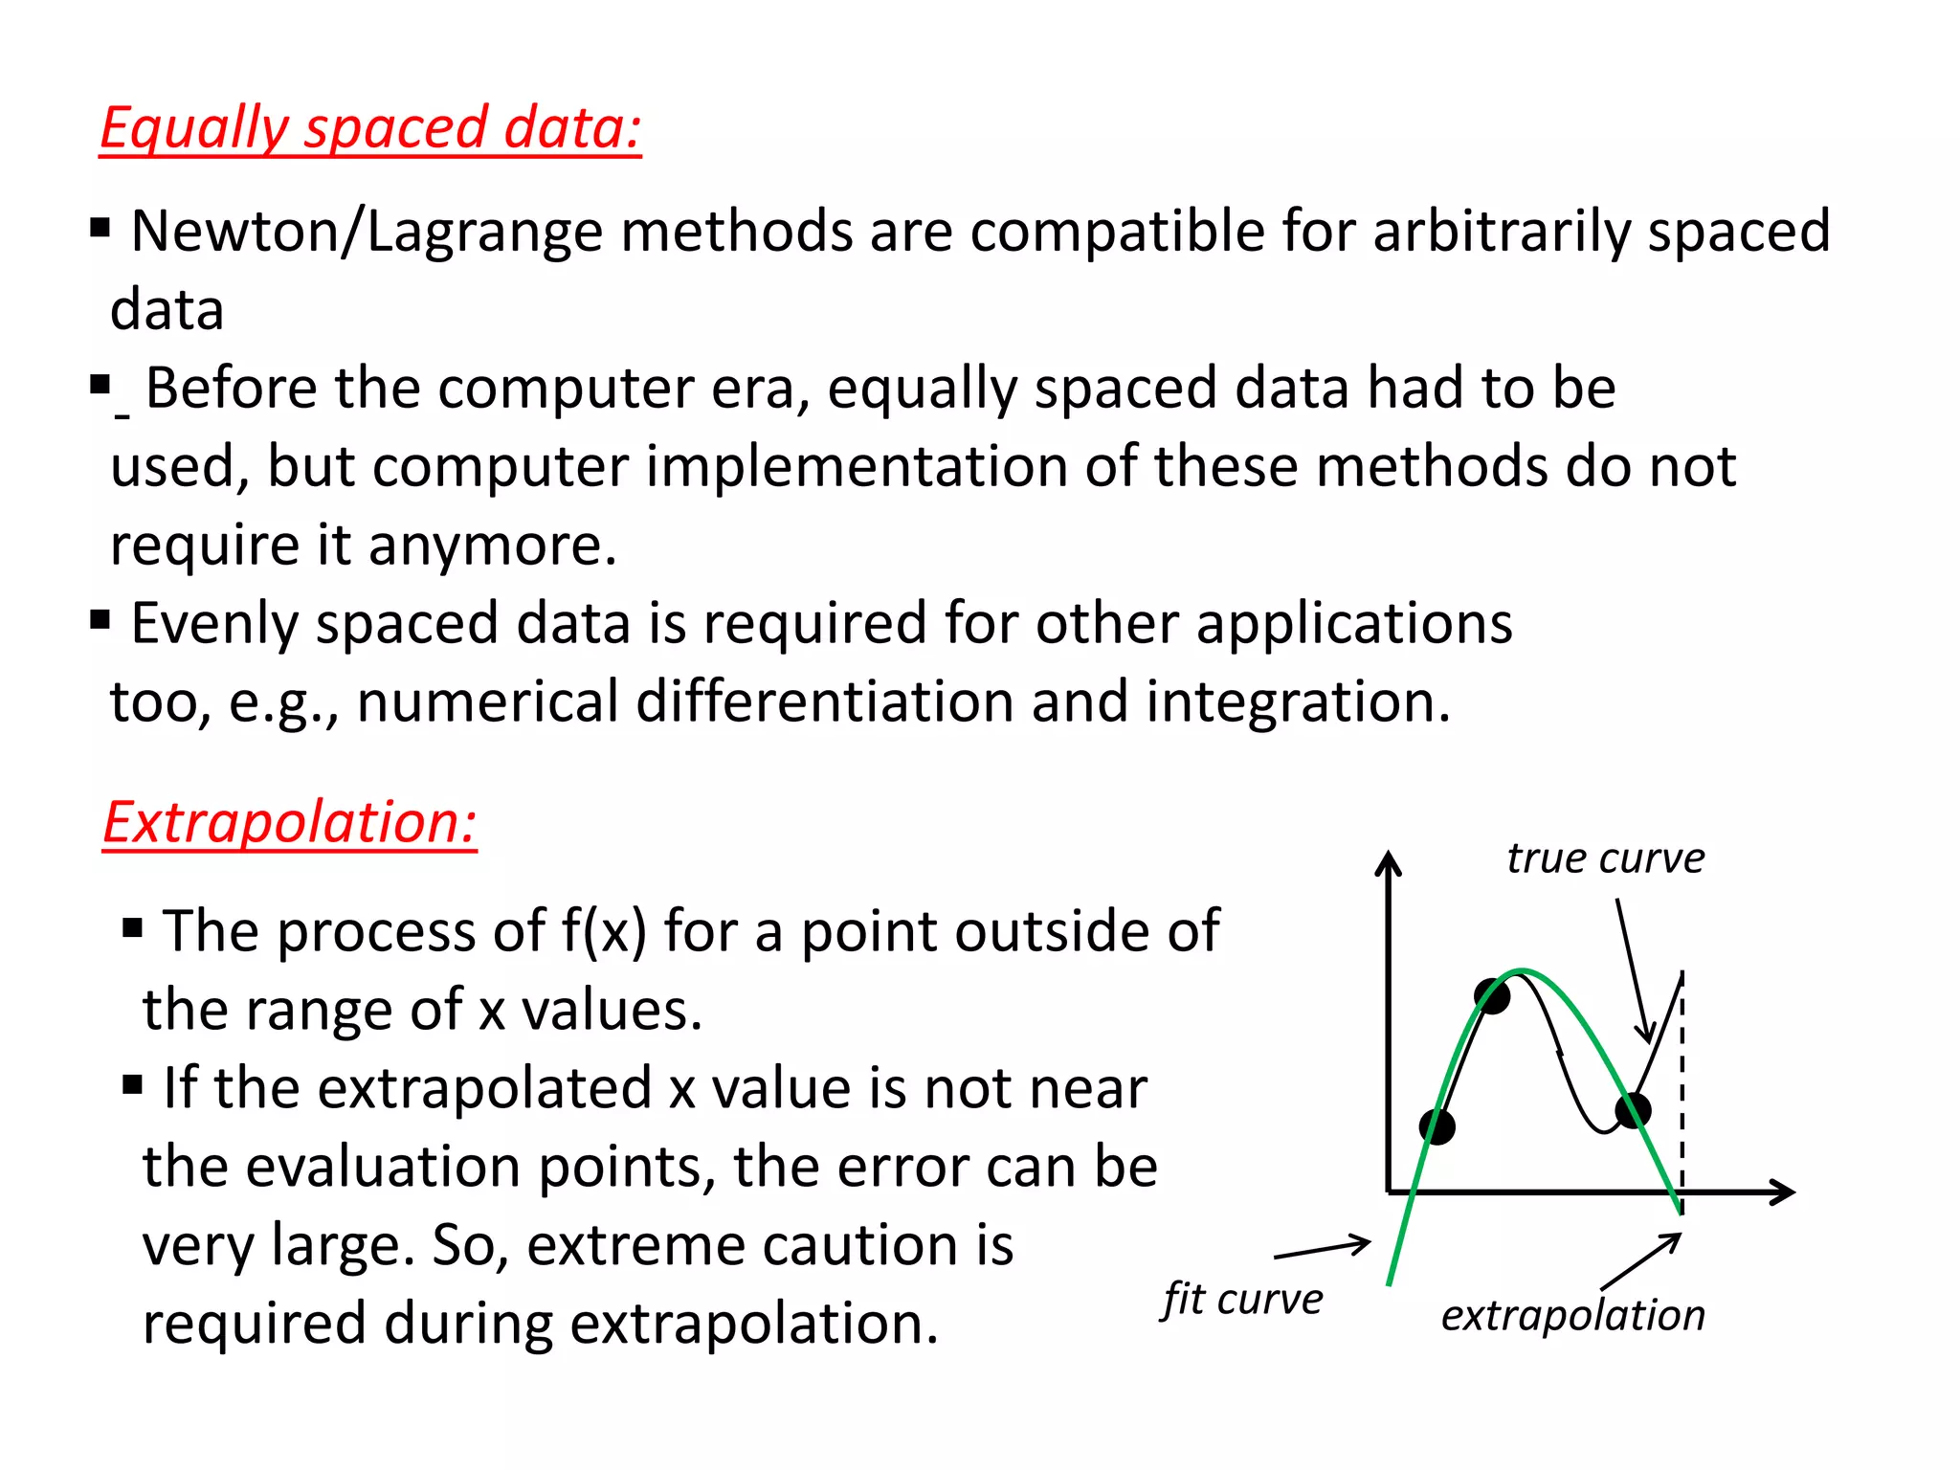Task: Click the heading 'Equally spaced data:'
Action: pos(370,128)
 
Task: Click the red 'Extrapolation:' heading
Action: pos(289,822)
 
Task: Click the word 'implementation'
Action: pos(857,467)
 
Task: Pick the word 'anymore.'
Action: pos(492,546)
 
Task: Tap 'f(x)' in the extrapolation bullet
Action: pos(604,930)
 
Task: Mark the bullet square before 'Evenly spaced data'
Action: pos(100,620)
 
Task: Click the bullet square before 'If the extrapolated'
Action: pos(132,1085)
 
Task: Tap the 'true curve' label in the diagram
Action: pos(1605,858)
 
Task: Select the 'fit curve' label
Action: pos(1242,1300)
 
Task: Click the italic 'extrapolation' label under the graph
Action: pos(1572,1315)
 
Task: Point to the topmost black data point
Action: pos(1492,996)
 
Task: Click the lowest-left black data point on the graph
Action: pos(1437,1126)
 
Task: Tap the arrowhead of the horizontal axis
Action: pos(1785,1192)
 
